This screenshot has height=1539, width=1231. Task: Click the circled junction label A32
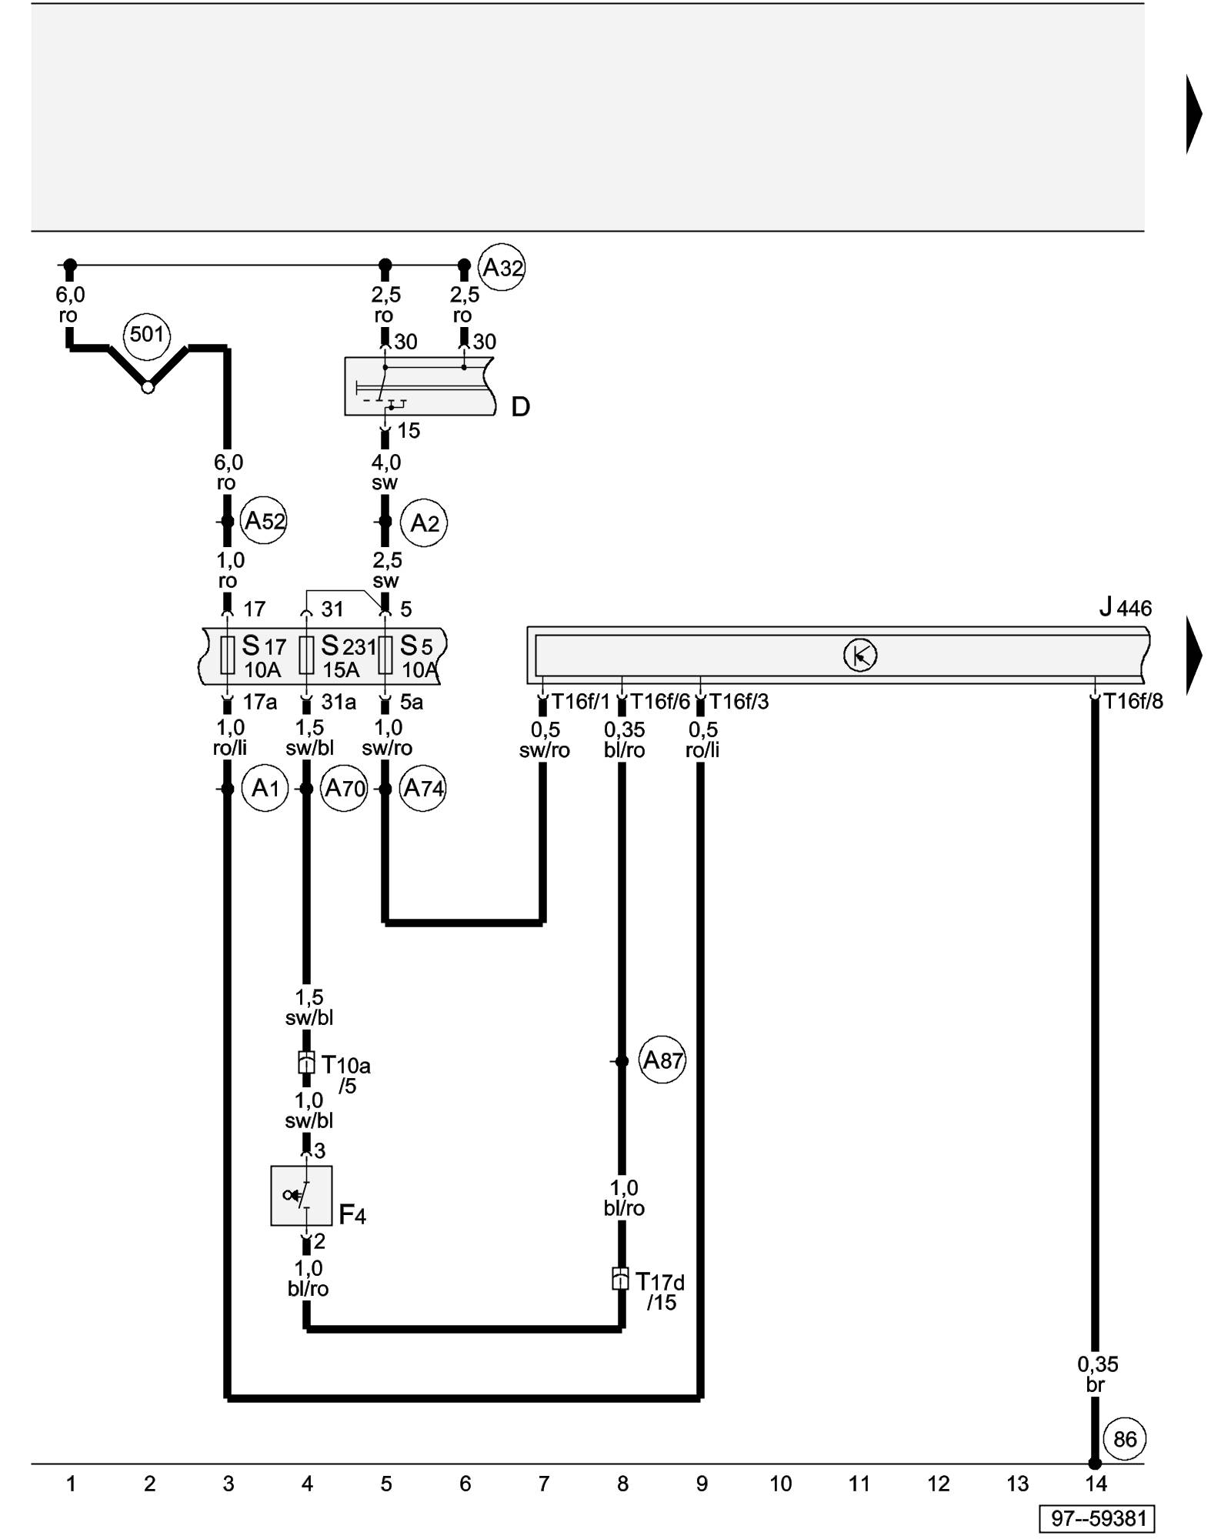point(502,268)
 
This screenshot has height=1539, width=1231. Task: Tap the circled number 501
point(147,334)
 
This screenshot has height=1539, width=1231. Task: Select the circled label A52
point(264,521)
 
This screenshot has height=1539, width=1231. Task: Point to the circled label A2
point(424,523)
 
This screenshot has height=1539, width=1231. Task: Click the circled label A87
point(662,1060)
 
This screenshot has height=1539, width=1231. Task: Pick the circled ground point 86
point(1124,1438)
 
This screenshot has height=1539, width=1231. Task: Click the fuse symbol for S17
point(228,655)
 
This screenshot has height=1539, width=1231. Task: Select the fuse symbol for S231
point(306,655)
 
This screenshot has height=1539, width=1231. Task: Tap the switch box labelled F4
point(302,1195)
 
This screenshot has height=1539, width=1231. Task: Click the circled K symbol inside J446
point(860,656)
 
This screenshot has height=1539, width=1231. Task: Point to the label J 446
point(1125,608)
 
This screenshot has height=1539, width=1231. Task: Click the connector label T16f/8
point(1133,701)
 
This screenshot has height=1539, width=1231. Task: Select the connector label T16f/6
point(660,701)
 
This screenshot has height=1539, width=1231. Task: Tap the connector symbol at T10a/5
point(306,1063)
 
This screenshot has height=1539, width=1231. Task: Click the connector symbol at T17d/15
point(620,1278)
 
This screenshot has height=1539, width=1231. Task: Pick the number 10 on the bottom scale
point(780,1484)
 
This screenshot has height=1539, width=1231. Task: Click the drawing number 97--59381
point(1098,1518)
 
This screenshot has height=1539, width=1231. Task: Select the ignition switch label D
point(521,406)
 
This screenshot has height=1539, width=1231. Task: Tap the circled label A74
point(423,788)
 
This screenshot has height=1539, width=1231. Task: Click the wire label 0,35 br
point(1097,1374)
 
